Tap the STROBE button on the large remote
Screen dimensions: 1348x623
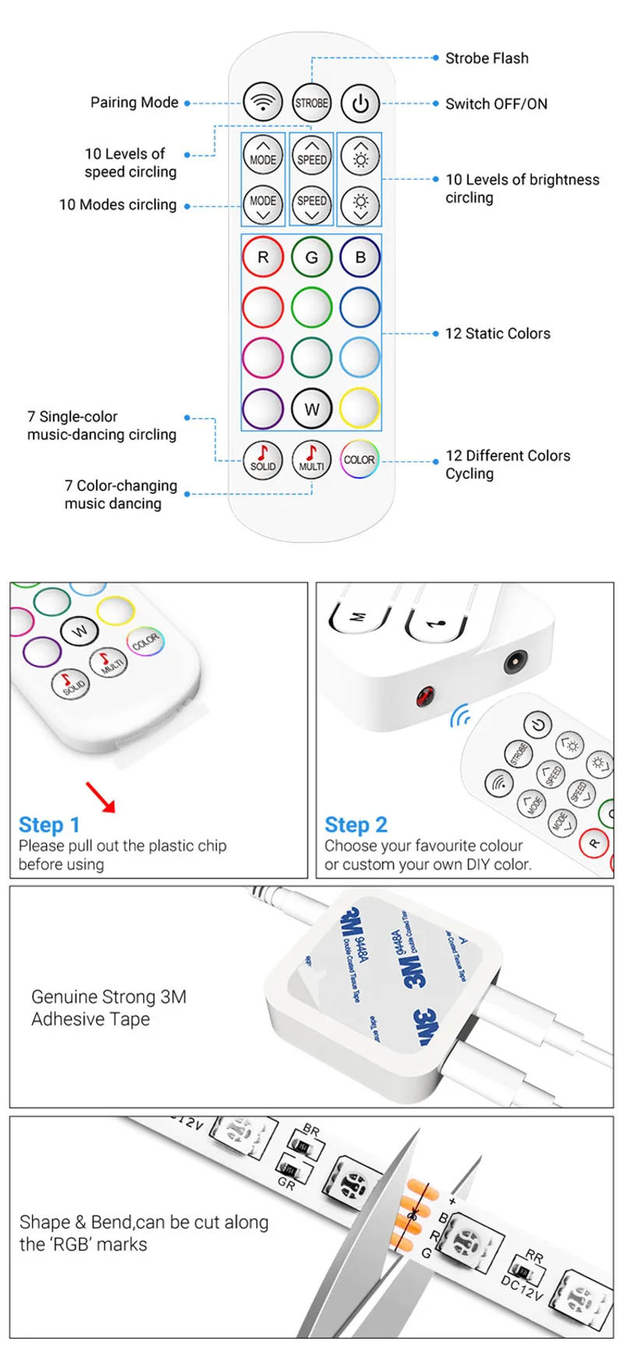(x=311, y=103)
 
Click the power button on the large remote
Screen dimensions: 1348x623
(x=360, y=103)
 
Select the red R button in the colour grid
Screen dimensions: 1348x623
(x=262, y=257)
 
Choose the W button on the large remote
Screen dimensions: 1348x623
(x=311, y=408)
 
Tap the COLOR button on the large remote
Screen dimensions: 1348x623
(x=360, y=459)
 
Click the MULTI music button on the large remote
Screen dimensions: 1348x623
(x=311, y=459)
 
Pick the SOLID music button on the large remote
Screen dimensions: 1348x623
(x=262, y=459)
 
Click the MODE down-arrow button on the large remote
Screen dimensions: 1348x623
(x=262, y=206)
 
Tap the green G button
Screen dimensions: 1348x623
(x=311, y=257)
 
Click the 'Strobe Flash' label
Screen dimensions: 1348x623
(x=486, y=58)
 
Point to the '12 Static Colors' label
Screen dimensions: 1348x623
(x=497, y=333)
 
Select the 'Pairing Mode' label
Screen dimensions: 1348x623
(x=134, y=103)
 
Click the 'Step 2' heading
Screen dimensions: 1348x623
(x=356, y=825)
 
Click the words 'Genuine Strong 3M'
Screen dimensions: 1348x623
(x=108, y=997)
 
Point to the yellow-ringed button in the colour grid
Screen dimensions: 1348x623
(x=360, y=408)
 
